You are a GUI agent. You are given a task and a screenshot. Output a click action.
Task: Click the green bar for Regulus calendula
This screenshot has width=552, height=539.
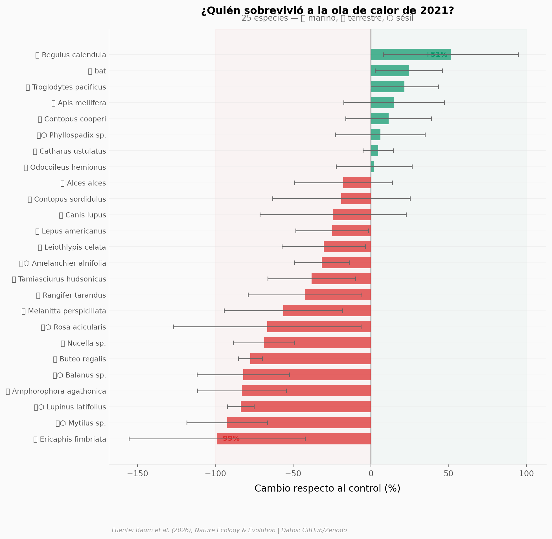pyautogui.click(x=410, y=55)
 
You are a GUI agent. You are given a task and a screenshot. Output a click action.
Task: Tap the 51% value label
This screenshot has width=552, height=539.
pyautogui.click(x=439, y=55)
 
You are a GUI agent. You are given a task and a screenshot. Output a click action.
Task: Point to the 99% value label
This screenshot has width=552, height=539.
pyautogui.click(x=231, y=439)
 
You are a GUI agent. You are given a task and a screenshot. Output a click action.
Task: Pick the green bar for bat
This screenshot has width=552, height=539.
pyautogui.click(x=390, y=71)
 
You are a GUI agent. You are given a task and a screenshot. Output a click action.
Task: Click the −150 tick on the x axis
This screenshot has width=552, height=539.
pyautogui.click(x=137, y=474)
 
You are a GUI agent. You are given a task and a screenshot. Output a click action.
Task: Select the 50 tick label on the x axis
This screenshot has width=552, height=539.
pyautogui.click(x=448, y=474)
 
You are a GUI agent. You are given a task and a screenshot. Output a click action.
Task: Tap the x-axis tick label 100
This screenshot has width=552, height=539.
pyautogui.click(x=526, y=474)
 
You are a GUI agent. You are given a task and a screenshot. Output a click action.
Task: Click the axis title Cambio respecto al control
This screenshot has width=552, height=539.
pyautogui.click(x=327, y=489)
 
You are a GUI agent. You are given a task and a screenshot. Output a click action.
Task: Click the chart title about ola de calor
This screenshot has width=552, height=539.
pyautogui.click(x=327, y=11)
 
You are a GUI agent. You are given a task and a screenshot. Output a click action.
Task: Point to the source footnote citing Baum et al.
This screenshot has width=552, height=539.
pyautogui.click(x=229, y=530)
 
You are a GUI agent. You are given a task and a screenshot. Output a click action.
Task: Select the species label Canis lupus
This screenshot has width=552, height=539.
pyautogui.click(x=83, y=215)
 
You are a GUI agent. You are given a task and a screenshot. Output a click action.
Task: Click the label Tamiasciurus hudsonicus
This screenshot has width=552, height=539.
pyautogui.click(x=59, y=280)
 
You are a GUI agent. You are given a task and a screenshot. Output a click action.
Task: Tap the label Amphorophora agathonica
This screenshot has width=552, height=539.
pyautogui.click(x=56, y=392)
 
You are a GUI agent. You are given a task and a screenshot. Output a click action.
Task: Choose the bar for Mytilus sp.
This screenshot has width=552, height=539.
pyautogui.click(x=299, y=423)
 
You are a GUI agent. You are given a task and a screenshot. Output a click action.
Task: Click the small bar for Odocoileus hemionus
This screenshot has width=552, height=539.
pyautogui.click(x=372, y=167)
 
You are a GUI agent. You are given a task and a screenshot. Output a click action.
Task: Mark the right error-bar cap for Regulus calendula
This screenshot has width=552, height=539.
pyautogui.click(x=518, y=55)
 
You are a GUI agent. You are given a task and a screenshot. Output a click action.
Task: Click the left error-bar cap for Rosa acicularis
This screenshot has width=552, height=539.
pyautogui.click(x=174, y=327)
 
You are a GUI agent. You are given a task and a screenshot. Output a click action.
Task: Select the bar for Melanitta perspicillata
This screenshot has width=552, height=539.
pyautogui.click(x=327, y=311)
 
